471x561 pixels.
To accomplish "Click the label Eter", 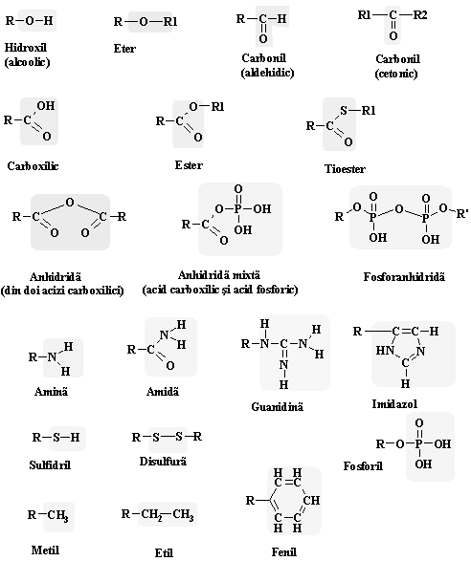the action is (x=124, y=49).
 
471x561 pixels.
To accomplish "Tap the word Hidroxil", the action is (x=26, y=47).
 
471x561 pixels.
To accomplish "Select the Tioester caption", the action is (x=345, y=168).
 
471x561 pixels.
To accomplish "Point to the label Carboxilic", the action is (x=33, y=166).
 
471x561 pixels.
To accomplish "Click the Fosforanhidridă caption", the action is (x=404, y=276).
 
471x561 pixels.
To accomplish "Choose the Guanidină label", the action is (x=277, y=406).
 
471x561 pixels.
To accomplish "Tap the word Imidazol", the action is (x=394, y=404).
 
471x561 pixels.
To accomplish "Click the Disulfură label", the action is (x=163, y=462).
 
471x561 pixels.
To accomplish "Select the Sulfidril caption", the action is (x=50, y=464).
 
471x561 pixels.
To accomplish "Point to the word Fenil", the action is (x=284, y=551).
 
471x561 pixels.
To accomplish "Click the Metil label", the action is (x=45, y=550).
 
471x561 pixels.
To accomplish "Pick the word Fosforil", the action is (x=363, y=465).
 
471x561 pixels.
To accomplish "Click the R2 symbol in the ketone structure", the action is (x=420, y=15).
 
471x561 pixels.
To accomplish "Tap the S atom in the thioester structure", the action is (x=344, y=111).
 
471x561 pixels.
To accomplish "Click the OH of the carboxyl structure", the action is (x=46, y=105).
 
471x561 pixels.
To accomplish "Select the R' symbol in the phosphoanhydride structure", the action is (x=462, y=214).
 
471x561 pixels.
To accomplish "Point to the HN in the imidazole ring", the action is (x=385, y=351).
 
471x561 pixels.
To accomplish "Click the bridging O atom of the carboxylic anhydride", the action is (x=70, y=203).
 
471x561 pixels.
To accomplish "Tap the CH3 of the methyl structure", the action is (x=58, y=515).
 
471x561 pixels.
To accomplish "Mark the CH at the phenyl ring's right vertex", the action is (x=311, y=500).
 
